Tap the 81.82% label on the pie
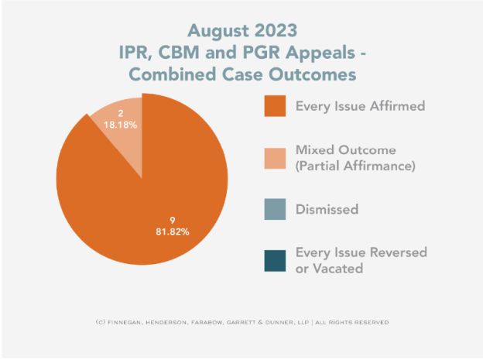[169, 230]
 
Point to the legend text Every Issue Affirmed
[360, 107]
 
